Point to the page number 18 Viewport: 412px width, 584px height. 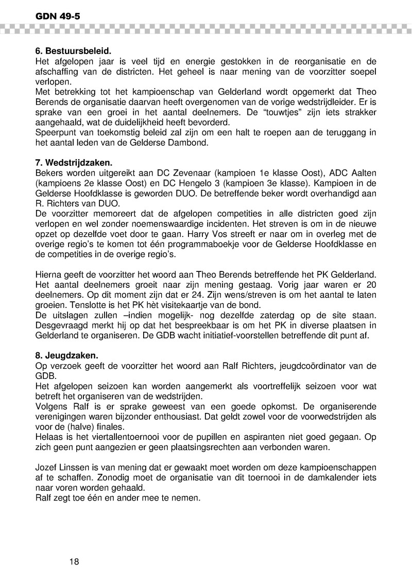click(x=74, y=561)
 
